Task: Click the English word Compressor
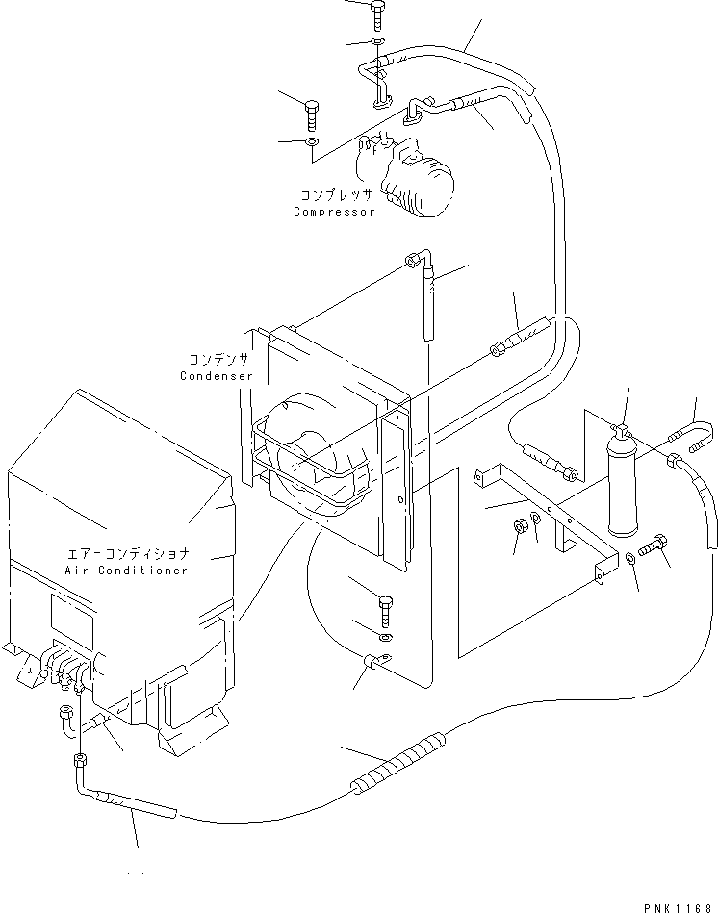334,211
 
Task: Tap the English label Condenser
217,375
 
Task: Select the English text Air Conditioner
126,570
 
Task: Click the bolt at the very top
375,12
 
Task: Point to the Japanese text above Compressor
336,194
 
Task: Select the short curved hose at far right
694,429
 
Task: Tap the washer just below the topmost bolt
377,43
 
